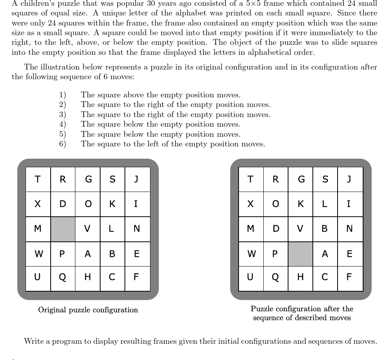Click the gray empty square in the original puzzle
[63, 229]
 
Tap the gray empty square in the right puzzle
[300, 254]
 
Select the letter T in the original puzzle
[38, 179]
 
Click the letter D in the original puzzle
[63, 204]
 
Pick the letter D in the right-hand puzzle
[276, 229]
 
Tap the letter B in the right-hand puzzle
[325, 229]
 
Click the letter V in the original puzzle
[87, 229]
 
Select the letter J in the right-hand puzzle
[349, 179]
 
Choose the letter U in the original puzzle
[38, 277]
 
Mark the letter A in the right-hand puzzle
[325, 254]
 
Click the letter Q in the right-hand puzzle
[275, 277]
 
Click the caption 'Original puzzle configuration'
[88, 310]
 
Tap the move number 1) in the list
[62, 95]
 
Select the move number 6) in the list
[62, 144]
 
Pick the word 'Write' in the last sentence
[33, 341]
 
